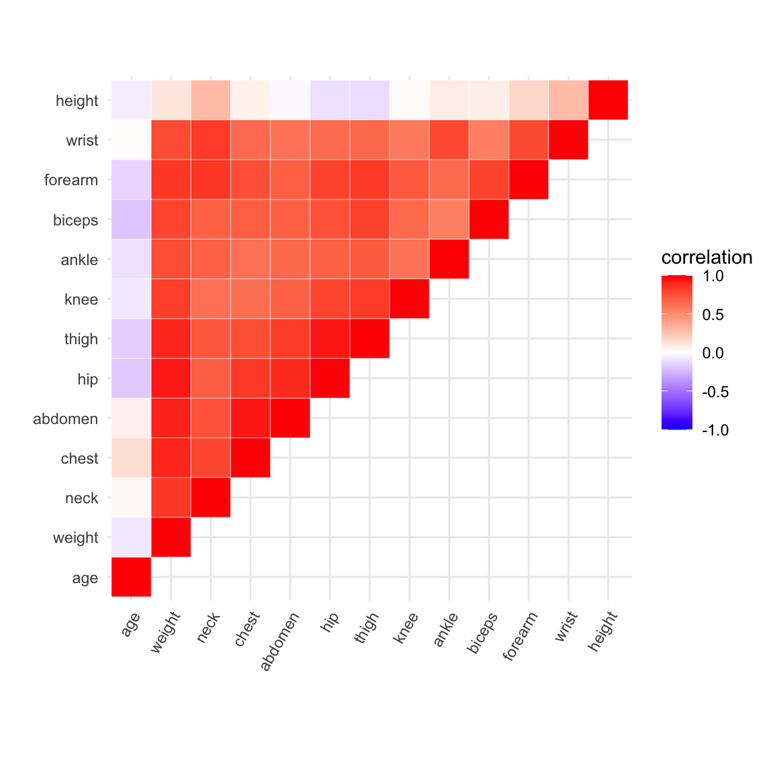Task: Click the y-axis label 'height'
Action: tap(76, 101)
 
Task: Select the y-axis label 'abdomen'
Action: tap(65, 419)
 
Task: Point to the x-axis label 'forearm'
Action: tap(521, 636)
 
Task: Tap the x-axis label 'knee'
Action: tap(405, 628)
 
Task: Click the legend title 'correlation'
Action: tap(707, 258)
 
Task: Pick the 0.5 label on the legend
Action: tap(713, 315)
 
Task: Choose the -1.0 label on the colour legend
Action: tap(715, 430)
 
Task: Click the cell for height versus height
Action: tap(608, 100)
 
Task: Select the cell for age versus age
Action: tap(131, 577)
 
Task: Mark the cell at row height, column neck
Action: tap(211, 100)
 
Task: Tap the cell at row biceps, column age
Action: tap(131, 219)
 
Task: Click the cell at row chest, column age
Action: tap(131, 458)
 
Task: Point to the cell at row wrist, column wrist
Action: tap(568, 140)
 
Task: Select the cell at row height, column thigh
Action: tap(370, 100)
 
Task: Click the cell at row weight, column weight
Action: tap(171, 537)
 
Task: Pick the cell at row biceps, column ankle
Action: tap(449, 219)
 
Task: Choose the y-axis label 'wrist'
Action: tap(82, 140)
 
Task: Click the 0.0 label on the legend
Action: tap(713, 353)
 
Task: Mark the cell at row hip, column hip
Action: tap(330, 378)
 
